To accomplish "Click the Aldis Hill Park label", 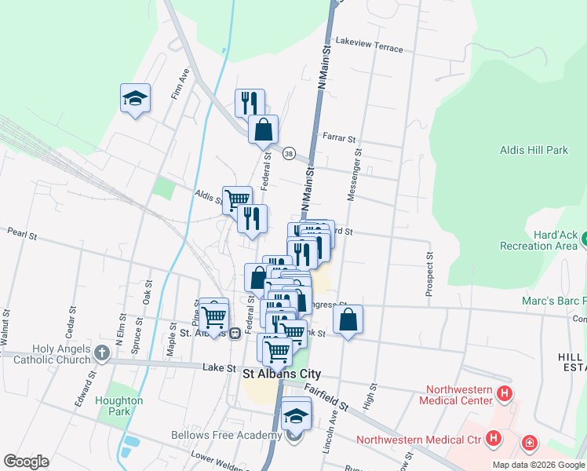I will point(534,149).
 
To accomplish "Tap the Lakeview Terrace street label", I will point(369,44).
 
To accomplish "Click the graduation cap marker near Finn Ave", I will point(135,99).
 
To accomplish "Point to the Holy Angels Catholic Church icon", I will point(102,354).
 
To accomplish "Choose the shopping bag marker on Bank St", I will point(348,319).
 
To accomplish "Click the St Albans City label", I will point(280,374).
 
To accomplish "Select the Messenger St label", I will point(355,177).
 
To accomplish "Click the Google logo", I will point(26,462).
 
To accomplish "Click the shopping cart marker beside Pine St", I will point(213,316).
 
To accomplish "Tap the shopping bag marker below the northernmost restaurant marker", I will point(264,129).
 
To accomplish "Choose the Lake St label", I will point(219,367).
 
